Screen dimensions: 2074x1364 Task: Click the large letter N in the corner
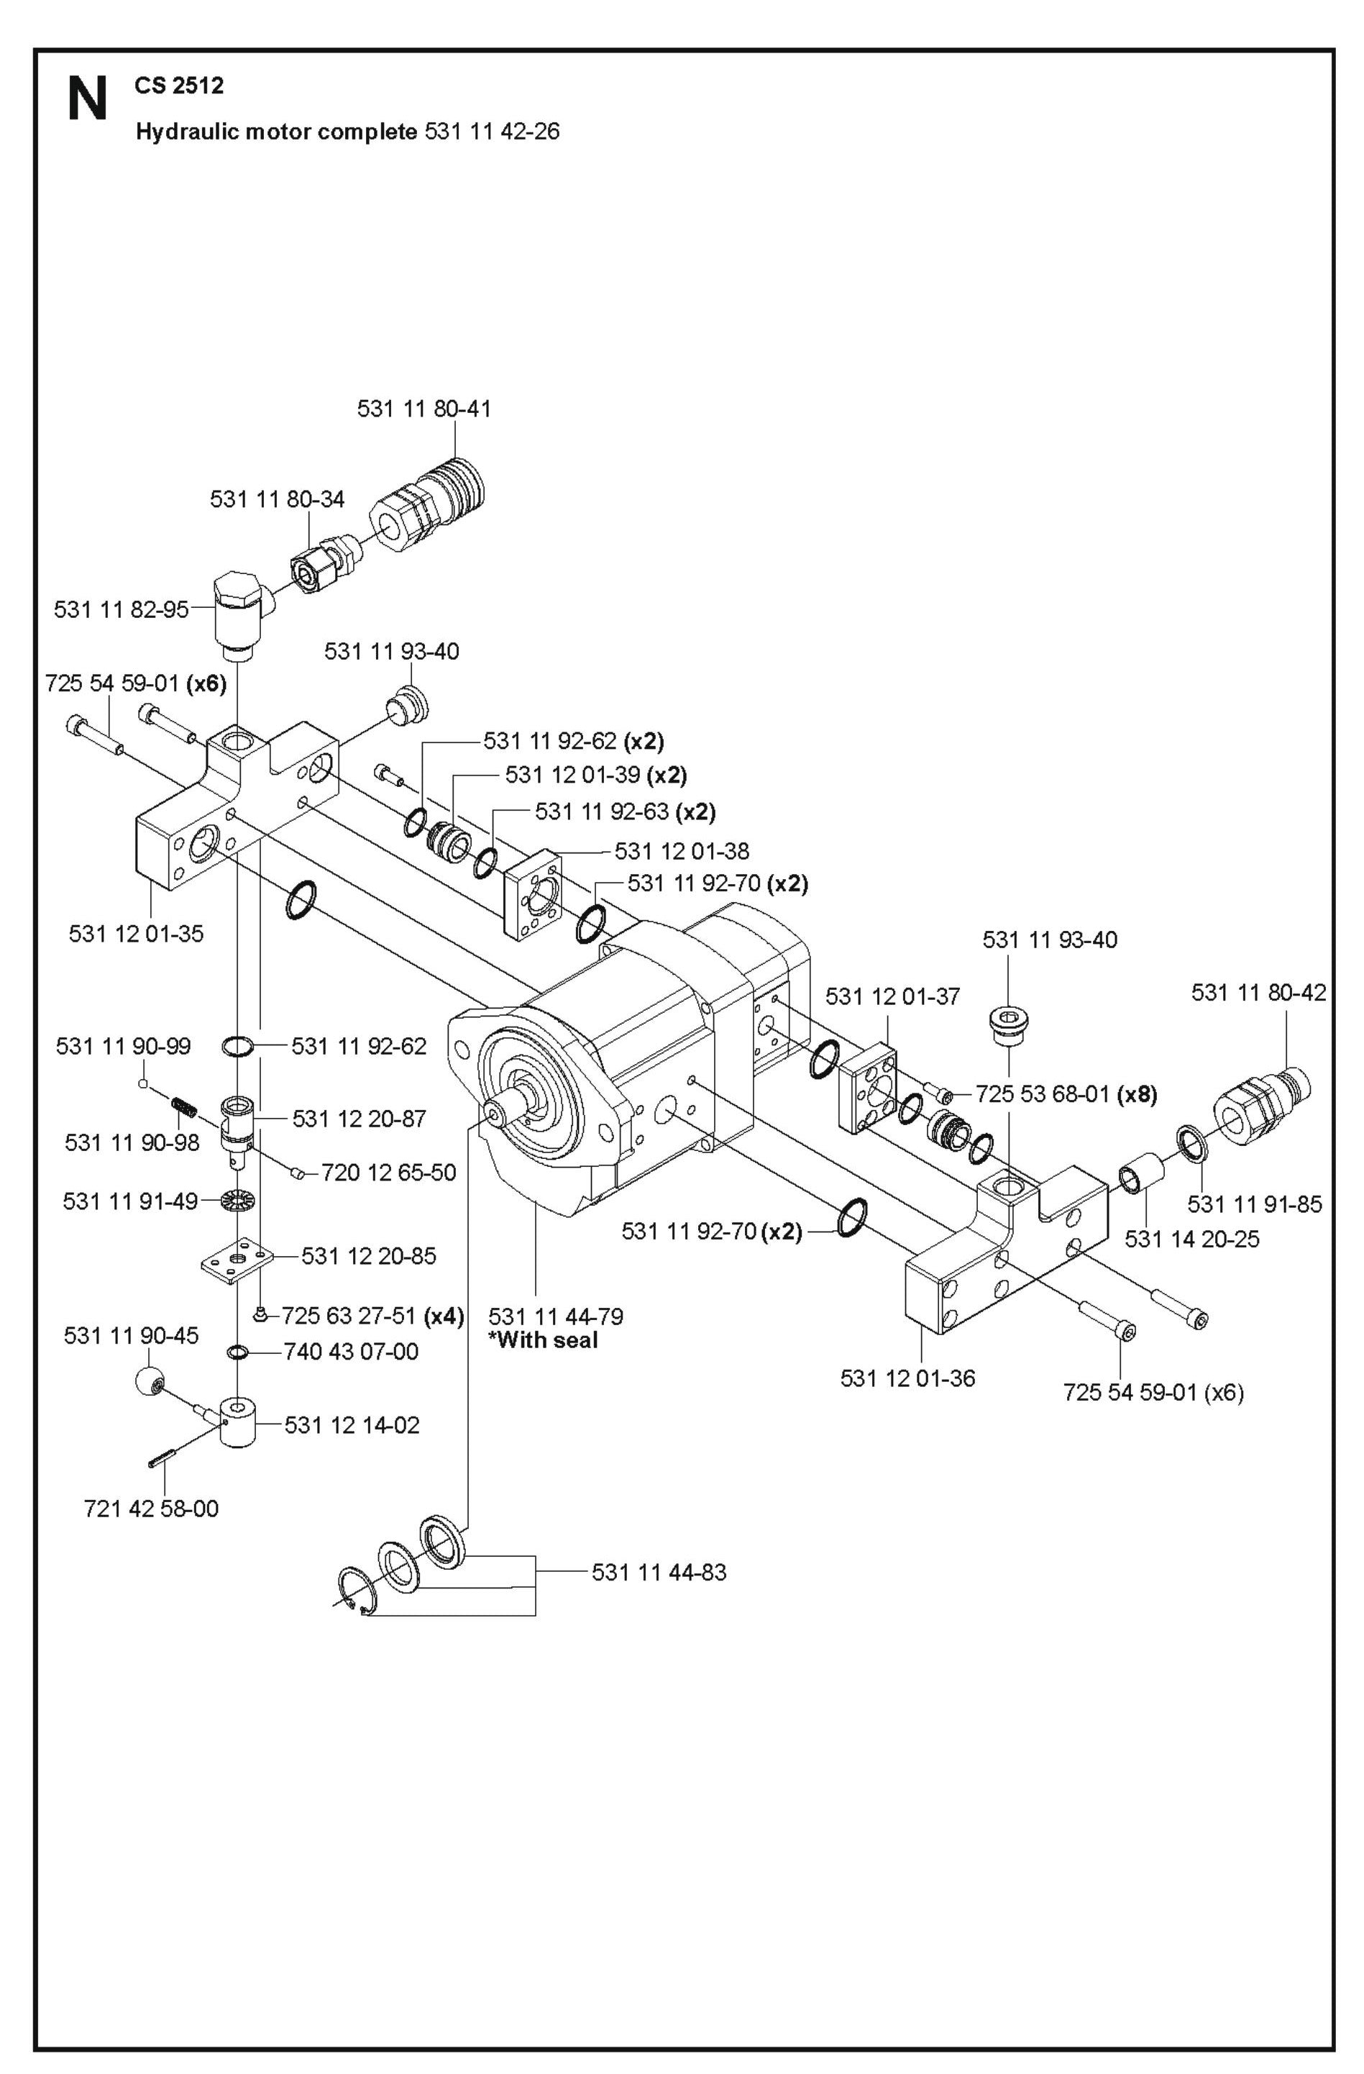[x=87, y=99]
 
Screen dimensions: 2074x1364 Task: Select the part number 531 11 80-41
[x=424, y=409]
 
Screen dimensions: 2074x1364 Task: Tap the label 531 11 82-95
[x=121, y=609]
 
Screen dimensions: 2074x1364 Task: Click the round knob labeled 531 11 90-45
[x=150, y=1381]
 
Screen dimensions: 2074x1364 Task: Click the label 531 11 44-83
[x=659, y=1573]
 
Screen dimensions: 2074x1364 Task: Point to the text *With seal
[x=543, y=1340]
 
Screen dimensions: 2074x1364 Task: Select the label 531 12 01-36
[x=907, y=1378]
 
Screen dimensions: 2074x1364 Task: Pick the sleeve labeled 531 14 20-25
[x=1140, y=1172]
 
